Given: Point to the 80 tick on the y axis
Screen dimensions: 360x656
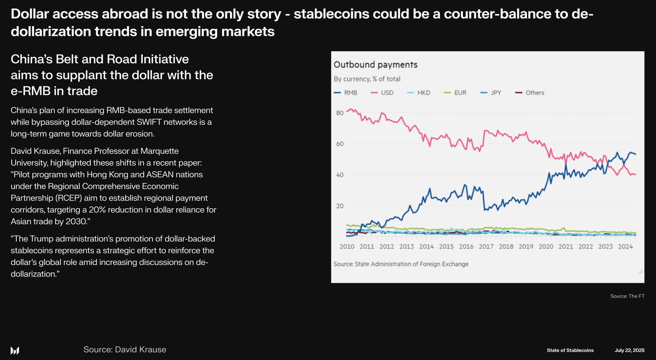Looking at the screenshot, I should click(340, 113).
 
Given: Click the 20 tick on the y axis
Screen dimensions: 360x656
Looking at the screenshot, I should click(340, 206).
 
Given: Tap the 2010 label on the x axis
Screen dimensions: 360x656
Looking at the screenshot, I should click(347, 246).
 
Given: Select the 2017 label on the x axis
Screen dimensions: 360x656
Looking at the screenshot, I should click(486, 246).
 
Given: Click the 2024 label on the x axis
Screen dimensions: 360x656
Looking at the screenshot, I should click(625, 246).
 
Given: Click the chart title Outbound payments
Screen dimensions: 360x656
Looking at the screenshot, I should click(375, 64).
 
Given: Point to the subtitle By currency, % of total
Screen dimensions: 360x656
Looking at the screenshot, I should click(367, 79).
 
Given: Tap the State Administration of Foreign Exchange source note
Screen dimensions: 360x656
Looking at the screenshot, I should click(401, 264).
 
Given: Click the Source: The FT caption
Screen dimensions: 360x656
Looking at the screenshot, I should click(627, 296).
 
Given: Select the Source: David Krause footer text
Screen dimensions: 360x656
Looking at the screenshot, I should click(125, 349).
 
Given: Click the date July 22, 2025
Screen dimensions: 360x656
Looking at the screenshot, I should click(629, 350).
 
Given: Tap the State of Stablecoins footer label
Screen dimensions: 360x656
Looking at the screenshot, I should click(570, 350).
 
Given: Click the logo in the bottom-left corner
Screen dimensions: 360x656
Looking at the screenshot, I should click(15, 350).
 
